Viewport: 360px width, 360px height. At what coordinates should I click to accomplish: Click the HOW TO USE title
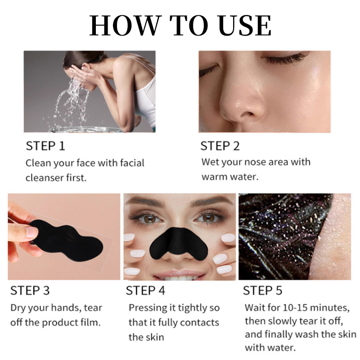tap(180, 25)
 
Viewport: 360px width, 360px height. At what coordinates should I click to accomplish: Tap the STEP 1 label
tap(45, 146)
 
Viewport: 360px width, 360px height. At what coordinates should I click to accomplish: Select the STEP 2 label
tap(220, 146)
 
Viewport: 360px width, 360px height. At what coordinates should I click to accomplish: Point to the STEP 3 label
tap(30, 290)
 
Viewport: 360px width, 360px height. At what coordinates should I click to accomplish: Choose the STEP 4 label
tap(145, 290)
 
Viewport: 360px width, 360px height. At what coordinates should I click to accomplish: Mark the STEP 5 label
tap(262, 290)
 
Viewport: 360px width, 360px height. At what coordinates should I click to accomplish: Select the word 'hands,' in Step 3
tap(67, 308)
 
